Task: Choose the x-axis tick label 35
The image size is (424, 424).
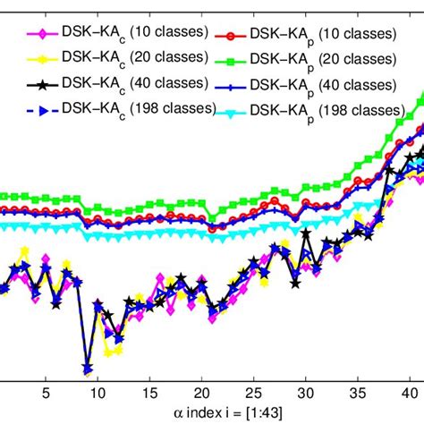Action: click(x=360, y=392)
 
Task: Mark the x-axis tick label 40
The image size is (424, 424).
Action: click(x=411, y=392)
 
